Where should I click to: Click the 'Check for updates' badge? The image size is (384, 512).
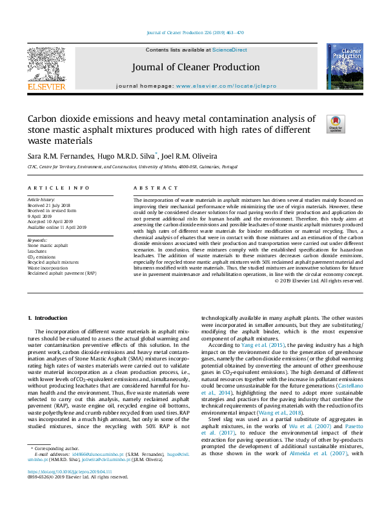[x=336, y=124]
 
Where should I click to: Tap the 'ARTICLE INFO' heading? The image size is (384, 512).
[x=58, y=188]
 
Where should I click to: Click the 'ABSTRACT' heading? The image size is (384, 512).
[x=155, y=188]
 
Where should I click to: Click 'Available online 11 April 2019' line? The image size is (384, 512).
[x=59, y=226]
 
